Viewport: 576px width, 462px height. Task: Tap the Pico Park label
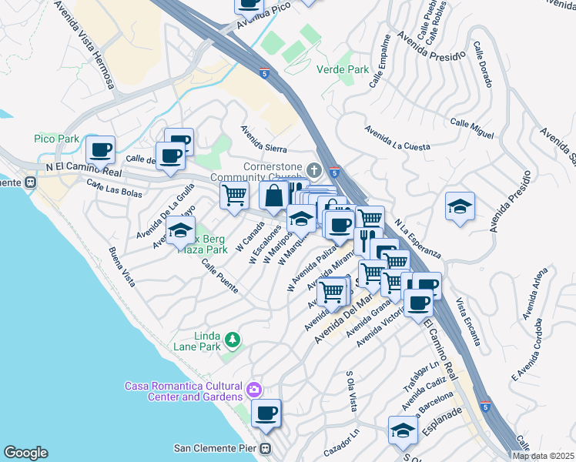(x=57, y=139)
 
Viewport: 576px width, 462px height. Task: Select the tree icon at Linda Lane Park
(x=231, y=339)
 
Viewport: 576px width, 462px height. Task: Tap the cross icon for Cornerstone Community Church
(x=313, y=169)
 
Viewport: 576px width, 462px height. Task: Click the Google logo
(x=25, y=453)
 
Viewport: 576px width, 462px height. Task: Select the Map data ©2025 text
(x=542, y=456)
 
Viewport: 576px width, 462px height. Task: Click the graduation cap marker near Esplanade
(x=402, y=430)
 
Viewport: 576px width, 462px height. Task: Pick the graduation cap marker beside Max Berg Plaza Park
(x=180, y=230)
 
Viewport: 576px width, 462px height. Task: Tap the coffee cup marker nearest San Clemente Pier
(x=266, y=413)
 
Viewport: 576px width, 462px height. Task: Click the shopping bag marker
(x=274, y=196)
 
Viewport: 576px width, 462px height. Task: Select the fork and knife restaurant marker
(x=368, y=239)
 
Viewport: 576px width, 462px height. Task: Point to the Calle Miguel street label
(x=471, y=128)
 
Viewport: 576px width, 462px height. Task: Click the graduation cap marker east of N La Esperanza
(x=460, y=206)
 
